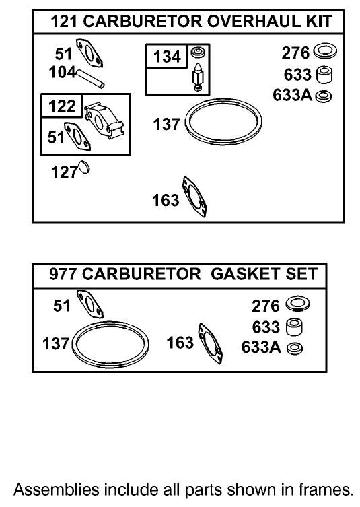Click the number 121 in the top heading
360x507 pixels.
pos(65,22)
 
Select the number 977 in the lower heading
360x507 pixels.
pos(64,275)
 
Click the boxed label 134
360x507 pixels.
pos(166,57)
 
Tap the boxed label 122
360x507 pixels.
pos(61,106)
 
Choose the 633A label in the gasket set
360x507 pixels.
pos(260,348)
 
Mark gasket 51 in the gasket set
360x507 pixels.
pos(90,305)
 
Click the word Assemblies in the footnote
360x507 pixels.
pos(58,488)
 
